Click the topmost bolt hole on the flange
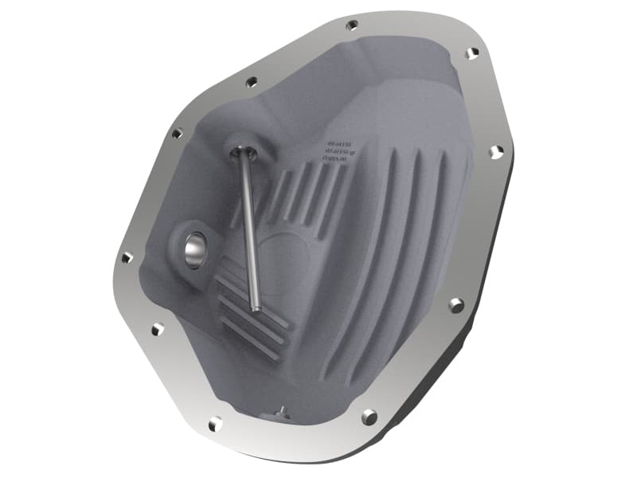click(352, 25)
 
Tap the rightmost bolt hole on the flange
click(497, 151)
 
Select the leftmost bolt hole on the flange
click(127, 257)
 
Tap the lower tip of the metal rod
click(256, 308)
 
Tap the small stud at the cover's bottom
click(280, 411)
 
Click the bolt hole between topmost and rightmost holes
click(472, 53)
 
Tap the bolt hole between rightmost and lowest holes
click(455, 304)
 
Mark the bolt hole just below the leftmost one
click(157, 327)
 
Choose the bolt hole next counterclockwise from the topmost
click(252, 80)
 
